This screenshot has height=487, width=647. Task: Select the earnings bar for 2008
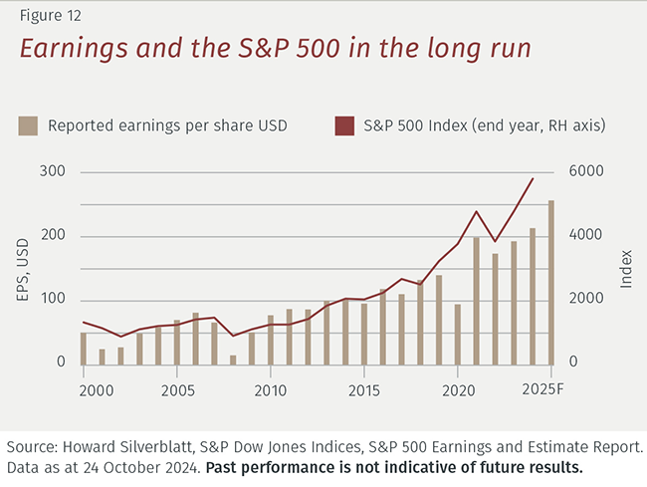(x=233, y=360)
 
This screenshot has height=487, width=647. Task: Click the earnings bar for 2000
(x=84, y=349)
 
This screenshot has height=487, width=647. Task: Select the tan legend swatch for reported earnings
(x=29, y=125)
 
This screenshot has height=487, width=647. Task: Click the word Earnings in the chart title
(x=74, y=49)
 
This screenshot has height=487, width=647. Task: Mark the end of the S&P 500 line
(x=533, y=179)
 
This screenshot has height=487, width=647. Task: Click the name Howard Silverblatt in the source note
(x=142, y=444)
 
